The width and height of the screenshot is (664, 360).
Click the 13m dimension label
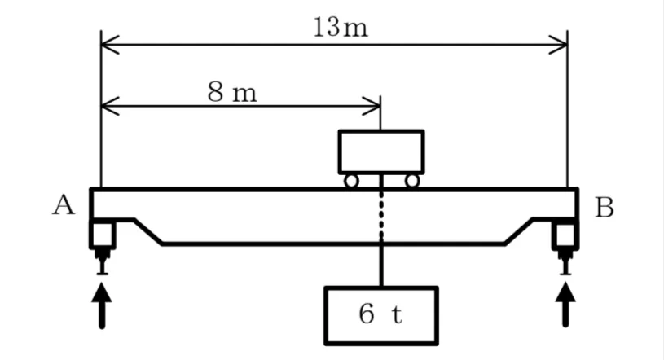[341, 28]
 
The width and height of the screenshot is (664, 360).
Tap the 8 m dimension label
[232, 92]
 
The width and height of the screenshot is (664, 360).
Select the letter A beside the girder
[64, 205]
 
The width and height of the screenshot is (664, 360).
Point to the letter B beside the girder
[605, 208]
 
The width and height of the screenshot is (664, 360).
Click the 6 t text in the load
[380, 314]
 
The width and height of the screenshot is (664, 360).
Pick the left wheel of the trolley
[351, 181]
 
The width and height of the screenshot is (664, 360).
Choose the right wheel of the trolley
[412, 181]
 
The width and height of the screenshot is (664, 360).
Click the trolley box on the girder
[381, 151]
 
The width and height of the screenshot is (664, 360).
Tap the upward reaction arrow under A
[102, 305]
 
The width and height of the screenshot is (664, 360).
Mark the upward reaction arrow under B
[565, 305]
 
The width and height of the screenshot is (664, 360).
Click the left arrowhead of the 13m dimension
[110, 44]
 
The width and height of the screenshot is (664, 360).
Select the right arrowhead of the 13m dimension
[558, 44]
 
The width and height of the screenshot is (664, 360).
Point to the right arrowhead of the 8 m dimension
[371, 106]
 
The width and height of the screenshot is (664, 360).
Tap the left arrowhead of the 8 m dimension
[110, 106]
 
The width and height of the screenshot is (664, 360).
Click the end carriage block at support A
[103, 235]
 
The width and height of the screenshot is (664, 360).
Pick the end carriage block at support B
[565, 235]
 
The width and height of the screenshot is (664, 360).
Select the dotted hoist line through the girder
[381, 213]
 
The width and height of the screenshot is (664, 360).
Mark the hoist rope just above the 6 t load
[381, 262]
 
